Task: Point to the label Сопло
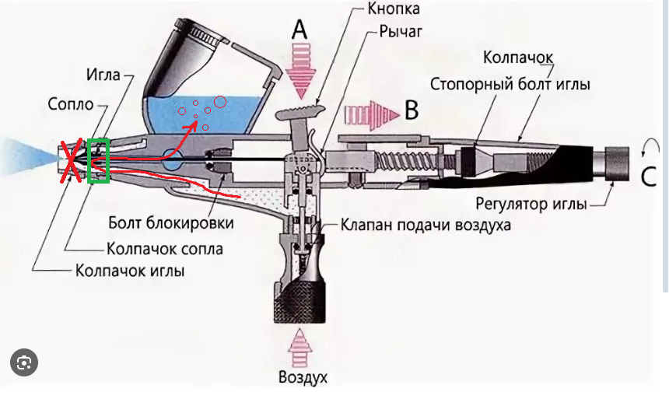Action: (71, 103)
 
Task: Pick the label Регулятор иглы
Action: (537, 204)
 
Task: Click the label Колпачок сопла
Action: (164, 249)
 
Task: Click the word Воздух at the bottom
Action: (303, 379)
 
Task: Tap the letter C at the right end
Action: (648, 177)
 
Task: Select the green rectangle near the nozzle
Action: (99, 161)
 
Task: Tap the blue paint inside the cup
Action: (233, 117)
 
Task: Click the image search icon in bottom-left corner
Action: (24, 362)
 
